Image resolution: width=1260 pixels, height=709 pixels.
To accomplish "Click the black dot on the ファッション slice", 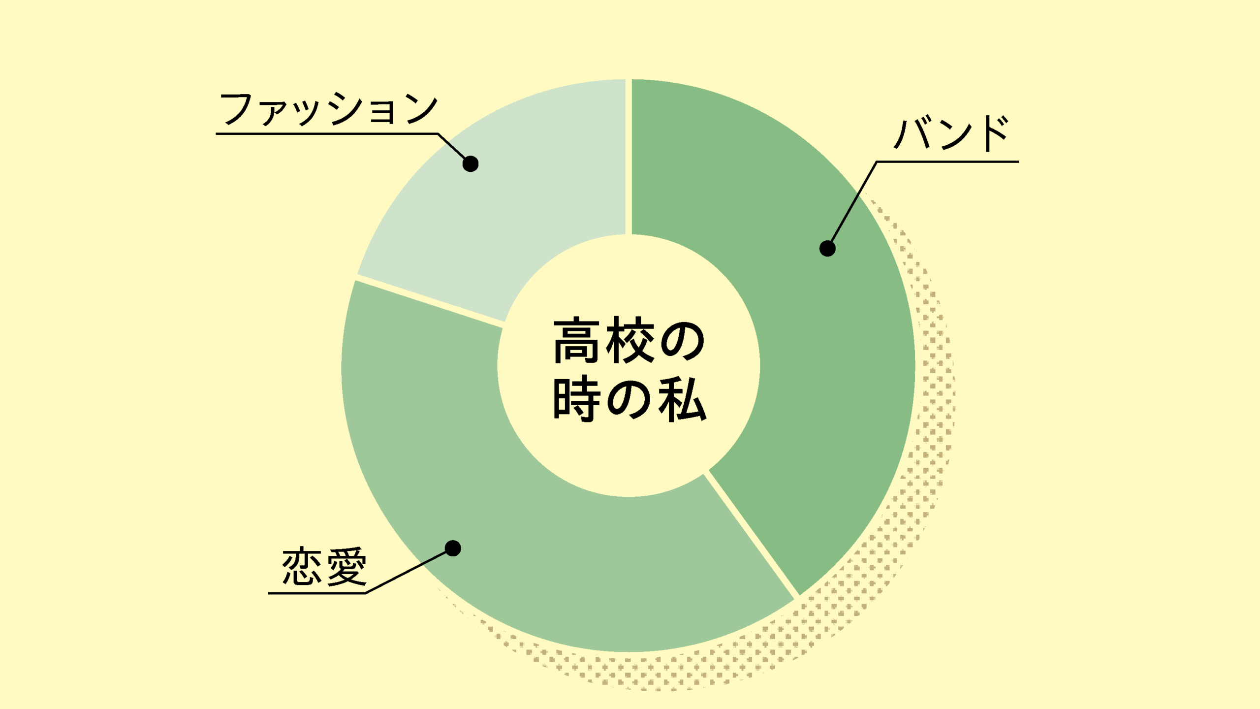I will (x=471, y=163).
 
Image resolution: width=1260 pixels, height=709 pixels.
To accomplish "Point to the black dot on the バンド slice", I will (x=827, y=249).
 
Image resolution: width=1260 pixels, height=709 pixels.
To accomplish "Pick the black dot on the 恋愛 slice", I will (x=453, y=548).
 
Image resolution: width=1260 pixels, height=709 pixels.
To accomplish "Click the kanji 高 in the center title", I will (x=576, y=341).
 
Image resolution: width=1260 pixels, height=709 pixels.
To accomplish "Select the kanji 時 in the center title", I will (x=576, y=399).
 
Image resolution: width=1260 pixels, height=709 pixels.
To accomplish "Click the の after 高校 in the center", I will (x=683, y=341).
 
